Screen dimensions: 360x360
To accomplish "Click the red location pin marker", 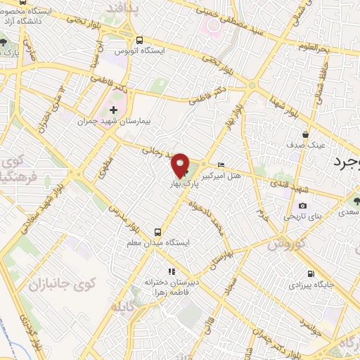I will [181, 165].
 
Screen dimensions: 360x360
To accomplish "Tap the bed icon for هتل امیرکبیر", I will [222, 158].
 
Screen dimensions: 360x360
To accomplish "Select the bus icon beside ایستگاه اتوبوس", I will [140, 40].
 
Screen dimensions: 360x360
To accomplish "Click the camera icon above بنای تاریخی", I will [302, 205].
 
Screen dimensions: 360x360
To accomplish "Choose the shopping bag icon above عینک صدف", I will [306, 134].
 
